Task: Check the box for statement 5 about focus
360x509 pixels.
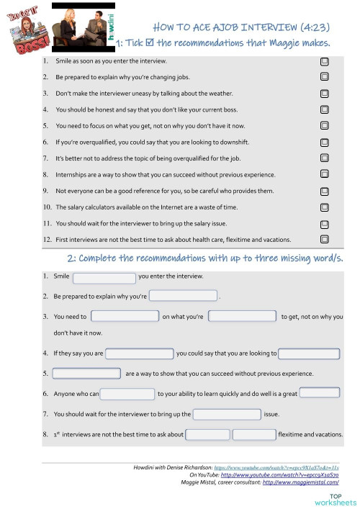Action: coord(325,126)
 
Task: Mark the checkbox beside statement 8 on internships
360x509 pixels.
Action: coord(325,175)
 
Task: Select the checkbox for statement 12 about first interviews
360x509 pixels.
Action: coord(325,239)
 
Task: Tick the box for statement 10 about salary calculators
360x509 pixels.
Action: coord(325,207)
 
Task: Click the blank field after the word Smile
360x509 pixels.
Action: coord(104,277)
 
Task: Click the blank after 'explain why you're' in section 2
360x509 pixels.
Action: coord(183,296)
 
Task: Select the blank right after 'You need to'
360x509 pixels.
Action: coord(125,316)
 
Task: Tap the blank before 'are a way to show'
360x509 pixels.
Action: coord(86,374)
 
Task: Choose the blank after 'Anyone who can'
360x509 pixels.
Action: coord(127,394)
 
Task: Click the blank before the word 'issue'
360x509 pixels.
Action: coord(227,414)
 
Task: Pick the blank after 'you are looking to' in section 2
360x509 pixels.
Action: coord(309,353)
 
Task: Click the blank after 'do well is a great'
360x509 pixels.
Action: coord(319,392)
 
